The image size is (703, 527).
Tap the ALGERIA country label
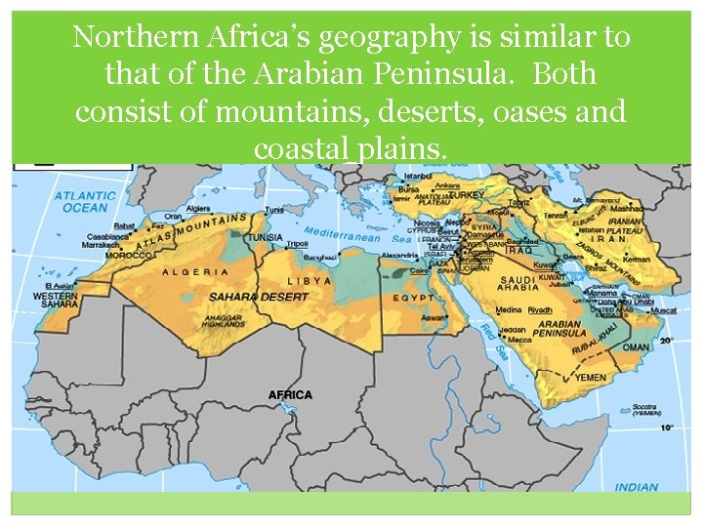point(195,272)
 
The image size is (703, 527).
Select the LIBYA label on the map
point(310,280)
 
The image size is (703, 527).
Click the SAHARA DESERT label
point(246,296)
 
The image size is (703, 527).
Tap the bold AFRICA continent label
point(290,395)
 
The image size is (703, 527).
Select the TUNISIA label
point(264,237)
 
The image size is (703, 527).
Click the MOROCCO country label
point(129,255)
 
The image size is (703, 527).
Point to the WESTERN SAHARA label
point(56,300)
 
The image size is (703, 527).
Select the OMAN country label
point(636,345)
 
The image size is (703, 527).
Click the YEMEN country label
point(590,378)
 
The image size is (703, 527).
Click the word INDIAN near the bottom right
point(637,487)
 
